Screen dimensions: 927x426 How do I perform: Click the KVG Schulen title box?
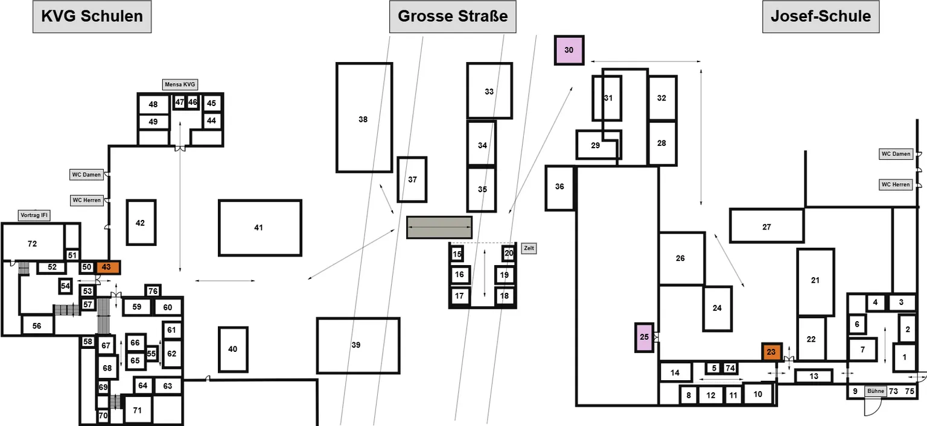coord(92,16)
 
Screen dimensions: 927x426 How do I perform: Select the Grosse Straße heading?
coord(452,16)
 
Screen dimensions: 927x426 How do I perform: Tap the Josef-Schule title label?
coord(821,16)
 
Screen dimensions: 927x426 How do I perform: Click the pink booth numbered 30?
coord(569,50)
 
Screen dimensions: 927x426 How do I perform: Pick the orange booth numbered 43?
coord(108,268)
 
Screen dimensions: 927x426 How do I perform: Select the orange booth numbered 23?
coord(772,352)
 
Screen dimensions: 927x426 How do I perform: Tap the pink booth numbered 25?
coord(645,337)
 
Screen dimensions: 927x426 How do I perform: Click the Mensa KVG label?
coord(180,84)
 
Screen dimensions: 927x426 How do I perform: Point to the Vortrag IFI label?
coord(34,215)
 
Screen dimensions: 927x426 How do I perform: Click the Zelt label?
coord(529,248)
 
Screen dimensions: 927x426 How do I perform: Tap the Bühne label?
coord(875,391)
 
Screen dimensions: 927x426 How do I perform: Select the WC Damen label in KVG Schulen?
coord(86,175)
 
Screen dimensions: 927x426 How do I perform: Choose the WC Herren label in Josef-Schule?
coord(896,185)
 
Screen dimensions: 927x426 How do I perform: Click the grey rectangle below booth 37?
coord(439,227)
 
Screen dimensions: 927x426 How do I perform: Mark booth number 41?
coord(260,228)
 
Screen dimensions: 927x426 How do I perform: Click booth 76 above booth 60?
coord(153,291)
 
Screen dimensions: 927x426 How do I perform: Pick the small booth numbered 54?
coord(65,286)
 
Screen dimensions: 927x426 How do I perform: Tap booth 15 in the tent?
coord(457,254)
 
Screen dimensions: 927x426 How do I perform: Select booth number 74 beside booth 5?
coord(730,368)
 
